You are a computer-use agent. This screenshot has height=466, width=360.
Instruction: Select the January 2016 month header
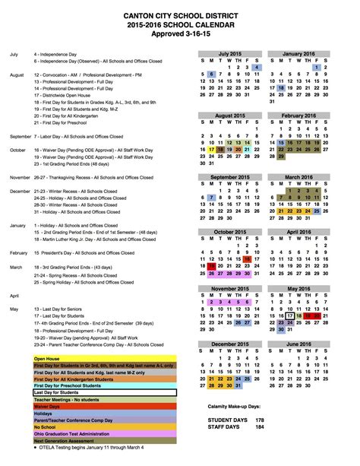pyautogui.click(x=298, y=54)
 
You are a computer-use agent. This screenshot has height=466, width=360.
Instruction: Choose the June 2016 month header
pyautogui.click(x=298, y=344)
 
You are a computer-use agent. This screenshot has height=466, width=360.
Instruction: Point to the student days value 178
pyautogui.click(x=260, y=419)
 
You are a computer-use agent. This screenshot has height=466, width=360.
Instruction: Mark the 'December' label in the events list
pyautogui.click(x=21, y=191)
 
